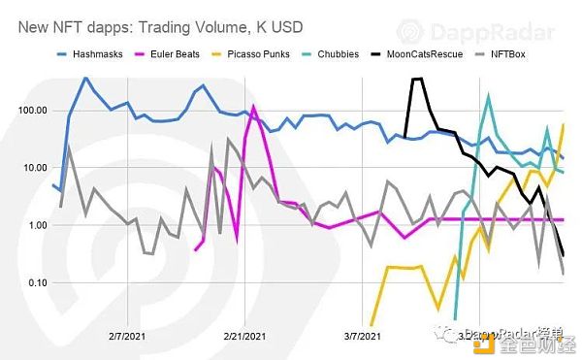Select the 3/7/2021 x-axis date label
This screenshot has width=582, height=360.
click(363, 336)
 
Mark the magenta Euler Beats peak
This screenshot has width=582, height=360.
click(253, 107)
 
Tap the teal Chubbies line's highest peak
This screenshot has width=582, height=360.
click(488, 95)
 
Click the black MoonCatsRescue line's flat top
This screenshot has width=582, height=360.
click(417, 80)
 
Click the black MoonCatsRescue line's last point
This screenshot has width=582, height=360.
click(564, 255)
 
